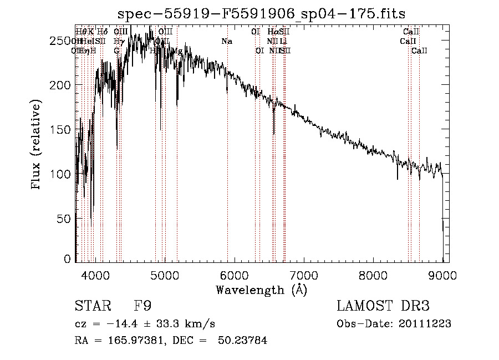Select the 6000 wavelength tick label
(x=235, y=275)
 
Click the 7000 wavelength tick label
(x=304, y=275)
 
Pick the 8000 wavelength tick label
(x=373, y=275)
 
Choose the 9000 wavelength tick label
(x=442, y=275)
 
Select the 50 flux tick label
(x=64, y=219)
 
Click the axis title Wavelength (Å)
(x=261, y=290)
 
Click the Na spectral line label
(x=226, y=42)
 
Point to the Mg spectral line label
(x=177, y=51)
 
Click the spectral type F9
(x=142, y=306)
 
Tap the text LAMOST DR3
(x=384, y=306)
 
